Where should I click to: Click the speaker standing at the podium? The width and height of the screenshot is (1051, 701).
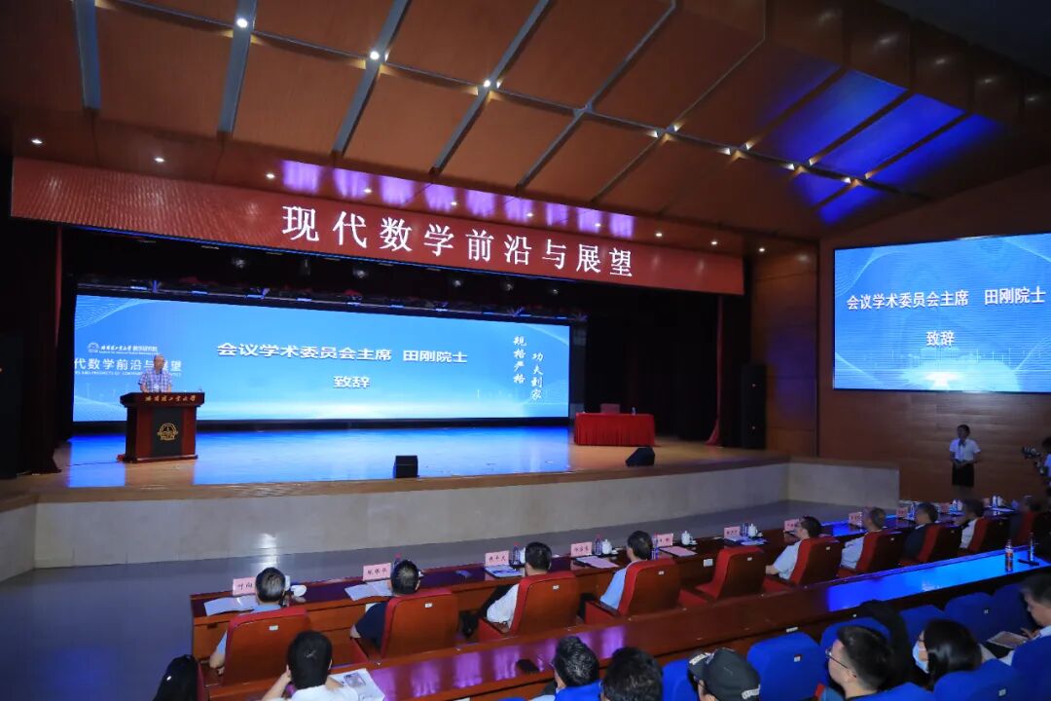click(155, 375)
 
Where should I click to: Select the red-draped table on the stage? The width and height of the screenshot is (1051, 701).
click(614, 428)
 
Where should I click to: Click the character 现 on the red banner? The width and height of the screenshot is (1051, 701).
click(300, 223)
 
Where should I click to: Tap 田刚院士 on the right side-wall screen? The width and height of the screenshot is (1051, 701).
click(1014, 296)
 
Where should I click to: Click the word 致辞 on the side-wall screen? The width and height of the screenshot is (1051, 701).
click(940, 338)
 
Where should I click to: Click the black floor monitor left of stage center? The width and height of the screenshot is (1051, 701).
click(406, 466)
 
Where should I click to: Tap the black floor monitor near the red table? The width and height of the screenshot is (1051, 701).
click(639, 457)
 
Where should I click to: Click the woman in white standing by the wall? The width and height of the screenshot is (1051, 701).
click(963, 457)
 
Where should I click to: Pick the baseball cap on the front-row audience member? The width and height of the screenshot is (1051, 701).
click(724, 669)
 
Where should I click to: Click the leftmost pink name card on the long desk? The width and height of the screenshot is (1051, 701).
click(243, 585)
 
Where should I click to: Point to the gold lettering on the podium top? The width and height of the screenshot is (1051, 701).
click(163, 398)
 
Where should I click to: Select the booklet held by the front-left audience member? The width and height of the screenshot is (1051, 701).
click(358, 684)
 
